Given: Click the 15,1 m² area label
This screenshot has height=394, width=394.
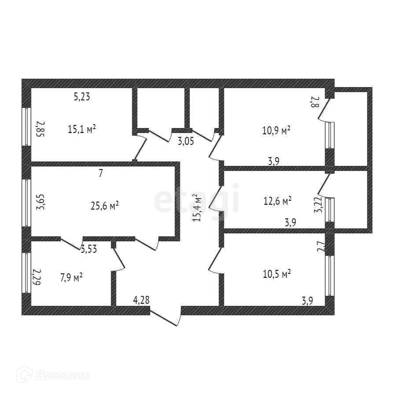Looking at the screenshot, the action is [82, 129].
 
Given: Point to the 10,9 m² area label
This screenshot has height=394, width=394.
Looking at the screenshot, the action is [276, 130].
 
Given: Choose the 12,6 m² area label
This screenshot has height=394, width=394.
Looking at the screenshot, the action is [277, 201].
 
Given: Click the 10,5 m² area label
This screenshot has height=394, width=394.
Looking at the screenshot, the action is [276, 274].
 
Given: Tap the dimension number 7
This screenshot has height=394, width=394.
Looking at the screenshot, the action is [100, 173].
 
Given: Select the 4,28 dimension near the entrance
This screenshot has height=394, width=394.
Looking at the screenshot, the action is [141, 301].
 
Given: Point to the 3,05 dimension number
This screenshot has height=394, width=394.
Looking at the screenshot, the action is [186, 141].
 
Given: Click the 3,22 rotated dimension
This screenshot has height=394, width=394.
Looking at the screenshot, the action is [317, 204].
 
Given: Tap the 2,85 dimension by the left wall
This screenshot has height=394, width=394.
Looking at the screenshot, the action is [40, 129].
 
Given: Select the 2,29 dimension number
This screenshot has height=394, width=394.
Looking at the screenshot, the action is [37, 278].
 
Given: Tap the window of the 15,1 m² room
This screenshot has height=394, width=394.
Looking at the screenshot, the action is [26, 127].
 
